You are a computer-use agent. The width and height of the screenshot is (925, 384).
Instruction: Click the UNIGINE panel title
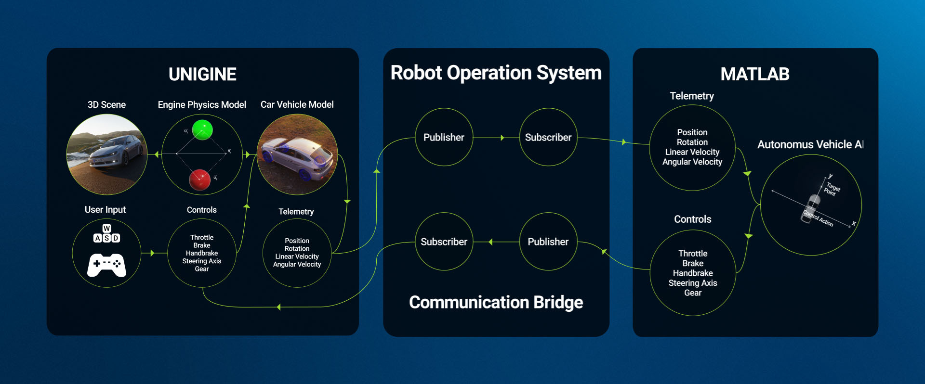pos(202,75)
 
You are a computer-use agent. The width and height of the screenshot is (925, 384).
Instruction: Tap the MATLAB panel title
pos(754,74)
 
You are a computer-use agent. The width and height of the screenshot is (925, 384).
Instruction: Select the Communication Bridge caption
pos(496,302)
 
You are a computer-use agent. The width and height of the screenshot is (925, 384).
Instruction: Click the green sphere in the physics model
pos(202,130)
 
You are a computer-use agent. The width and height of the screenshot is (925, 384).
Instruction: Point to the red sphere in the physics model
pos(200,179)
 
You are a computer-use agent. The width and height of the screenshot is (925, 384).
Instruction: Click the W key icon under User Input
pos(107,228)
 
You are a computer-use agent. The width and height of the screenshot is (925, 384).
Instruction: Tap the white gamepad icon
pos(106,265)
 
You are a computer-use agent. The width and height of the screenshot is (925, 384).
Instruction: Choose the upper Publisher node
pos(444,138)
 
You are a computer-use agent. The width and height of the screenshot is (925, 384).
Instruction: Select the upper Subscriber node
pos(548,138)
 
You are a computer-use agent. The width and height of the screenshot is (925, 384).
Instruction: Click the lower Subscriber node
pos(444,242)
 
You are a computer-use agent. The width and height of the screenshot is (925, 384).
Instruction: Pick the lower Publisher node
pos(548,242)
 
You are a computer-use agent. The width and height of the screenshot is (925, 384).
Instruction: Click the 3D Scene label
pos(106,105)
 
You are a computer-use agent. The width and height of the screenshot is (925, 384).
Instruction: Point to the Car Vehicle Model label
pos(297,105)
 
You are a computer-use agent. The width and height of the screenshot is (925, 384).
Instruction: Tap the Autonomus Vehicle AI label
pos(810,144)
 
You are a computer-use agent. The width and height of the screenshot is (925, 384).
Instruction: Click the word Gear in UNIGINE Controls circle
pos(202,269)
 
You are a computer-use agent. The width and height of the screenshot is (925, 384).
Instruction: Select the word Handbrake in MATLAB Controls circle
pos(693,273)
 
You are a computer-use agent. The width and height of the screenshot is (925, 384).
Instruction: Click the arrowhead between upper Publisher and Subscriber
pos(502,138)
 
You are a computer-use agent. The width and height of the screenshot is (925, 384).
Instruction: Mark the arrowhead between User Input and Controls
pos(152,253)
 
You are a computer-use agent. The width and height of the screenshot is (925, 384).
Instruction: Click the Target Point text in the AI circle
pos(832,189)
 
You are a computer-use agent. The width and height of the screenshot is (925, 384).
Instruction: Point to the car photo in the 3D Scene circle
pos(106,154)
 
